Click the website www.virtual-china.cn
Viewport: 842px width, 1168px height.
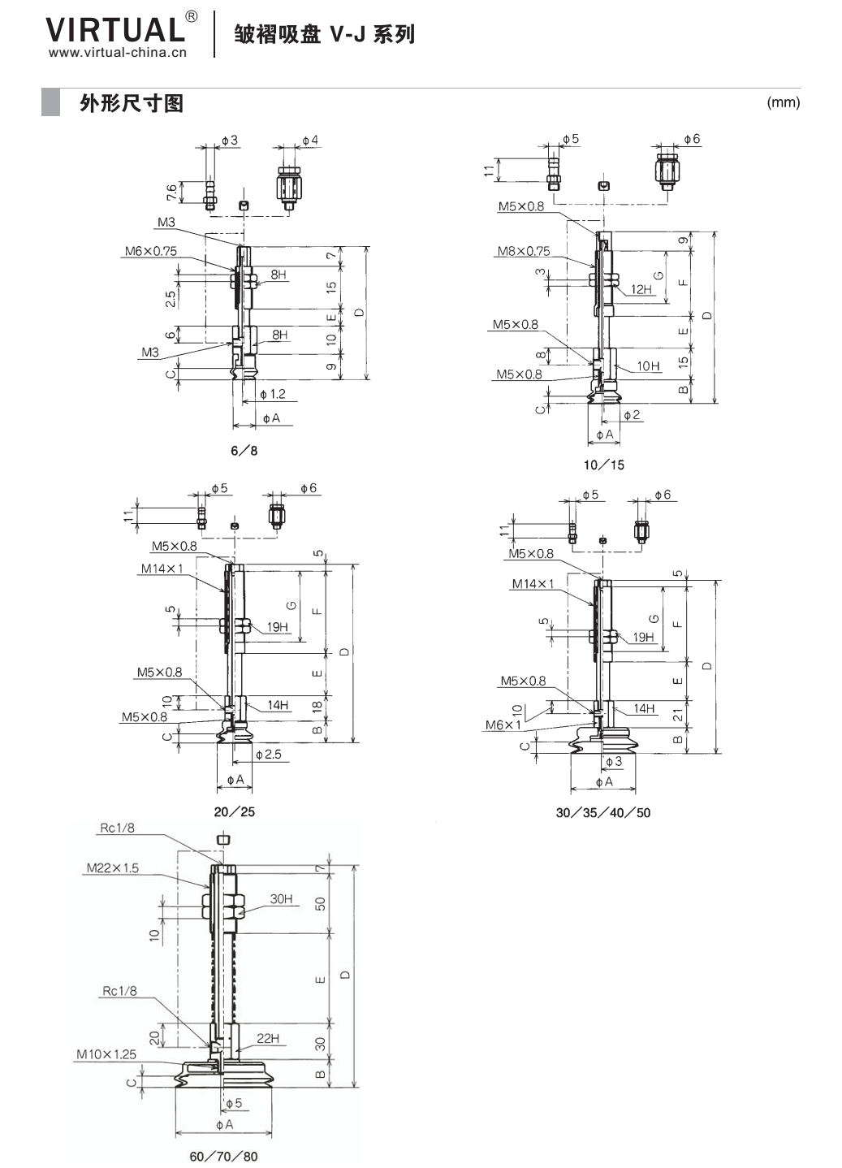(x=117, y=52)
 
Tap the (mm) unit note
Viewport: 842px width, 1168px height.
(x=783, y=102)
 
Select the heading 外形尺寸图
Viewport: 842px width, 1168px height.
(x=132, y=103)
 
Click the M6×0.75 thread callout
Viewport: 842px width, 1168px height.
(x=151, y=251)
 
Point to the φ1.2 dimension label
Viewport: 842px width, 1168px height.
(x=273, y=394)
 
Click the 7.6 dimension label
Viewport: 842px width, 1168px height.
(x=171, y=193)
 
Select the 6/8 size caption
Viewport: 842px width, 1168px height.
(x=244, y=451)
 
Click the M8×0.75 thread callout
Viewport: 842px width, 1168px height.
(x=524, y=251)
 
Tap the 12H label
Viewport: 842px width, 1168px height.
(x=641, y=289)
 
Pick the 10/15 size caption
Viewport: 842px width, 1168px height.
(x=604, y=465)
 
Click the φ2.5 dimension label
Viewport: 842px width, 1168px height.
(x=269, y=754)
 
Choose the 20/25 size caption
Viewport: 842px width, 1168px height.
(x=235, y=812)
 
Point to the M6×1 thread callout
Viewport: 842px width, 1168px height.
(x=503, y=725)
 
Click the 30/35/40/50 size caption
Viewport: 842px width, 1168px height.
(x=603, y=813)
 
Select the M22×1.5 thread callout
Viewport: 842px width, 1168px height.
(x=113, y=867)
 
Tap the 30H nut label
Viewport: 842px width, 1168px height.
(x=281, y=898)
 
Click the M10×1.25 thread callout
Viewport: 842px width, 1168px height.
(x=106, y=1054)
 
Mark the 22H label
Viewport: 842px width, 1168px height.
(x=268, y=1038)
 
